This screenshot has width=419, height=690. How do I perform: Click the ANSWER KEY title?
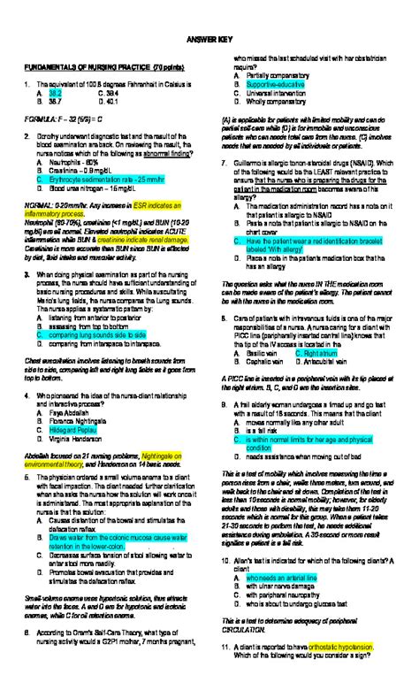209,44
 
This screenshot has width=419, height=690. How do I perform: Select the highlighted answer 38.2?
55,91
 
